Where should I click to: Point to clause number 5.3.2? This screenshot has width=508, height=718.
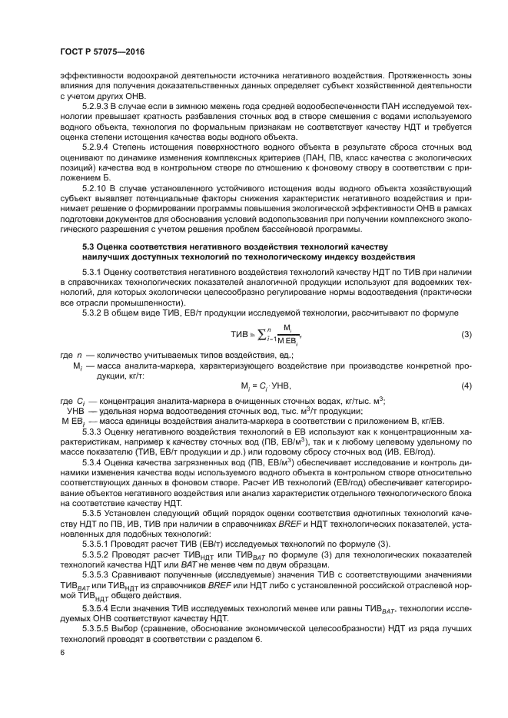point(92,313)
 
